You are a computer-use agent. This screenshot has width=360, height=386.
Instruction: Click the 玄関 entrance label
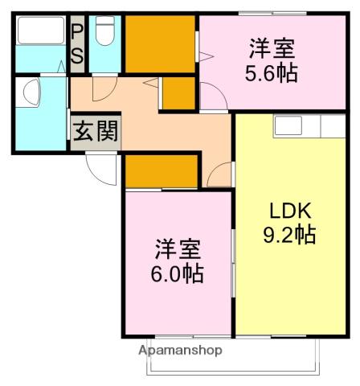pyautogui.click(x=96, y=131)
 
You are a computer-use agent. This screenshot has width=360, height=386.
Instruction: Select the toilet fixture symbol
pyautogui.click(x=104, y=33)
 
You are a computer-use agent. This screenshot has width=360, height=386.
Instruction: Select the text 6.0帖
pyautogui.click(x=177, y=273)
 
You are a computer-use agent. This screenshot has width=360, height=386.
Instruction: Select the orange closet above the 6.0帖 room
pyautogui.click(x=161, y=170)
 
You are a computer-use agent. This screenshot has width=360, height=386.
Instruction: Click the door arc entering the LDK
pyautogui.click(x=219, y=175)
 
